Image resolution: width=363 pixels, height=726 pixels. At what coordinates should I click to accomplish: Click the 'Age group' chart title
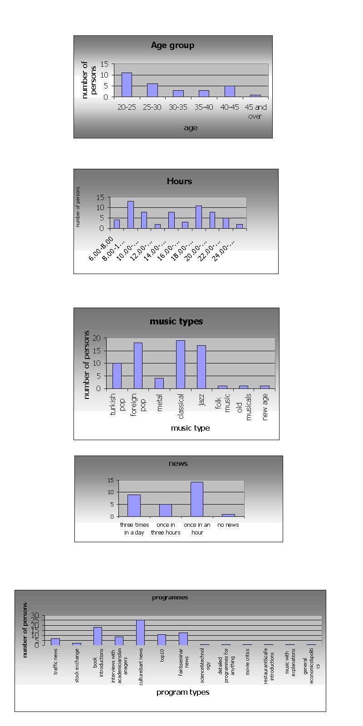172,45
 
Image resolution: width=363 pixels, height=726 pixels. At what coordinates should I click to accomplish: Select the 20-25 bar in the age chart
127,85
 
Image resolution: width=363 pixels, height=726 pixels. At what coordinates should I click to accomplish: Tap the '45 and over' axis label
255,112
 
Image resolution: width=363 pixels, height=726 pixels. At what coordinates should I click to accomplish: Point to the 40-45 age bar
230,92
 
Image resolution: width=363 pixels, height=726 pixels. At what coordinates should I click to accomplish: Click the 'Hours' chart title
179,181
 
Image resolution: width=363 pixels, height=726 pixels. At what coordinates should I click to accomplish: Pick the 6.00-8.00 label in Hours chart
101,249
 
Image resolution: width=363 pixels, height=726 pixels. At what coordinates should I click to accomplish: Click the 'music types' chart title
177,321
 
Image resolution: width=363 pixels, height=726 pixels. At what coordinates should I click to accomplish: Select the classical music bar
180,364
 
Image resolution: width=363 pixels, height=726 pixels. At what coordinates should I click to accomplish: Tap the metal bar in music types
159,383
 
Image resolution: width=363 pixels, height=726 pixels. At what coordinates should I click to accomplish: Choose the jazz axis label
201,400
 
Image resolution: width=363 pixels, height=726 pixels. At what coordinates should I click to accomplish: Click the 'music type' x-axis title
190,428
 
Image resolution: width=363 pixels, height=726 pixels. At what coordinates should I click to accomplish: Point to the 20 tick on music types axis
96,338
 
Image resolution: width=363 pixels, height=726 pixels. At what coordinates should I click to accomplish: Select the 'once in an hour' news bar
196,499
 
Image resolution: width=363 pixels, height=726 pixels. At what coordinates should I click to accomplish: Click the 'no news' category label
228,525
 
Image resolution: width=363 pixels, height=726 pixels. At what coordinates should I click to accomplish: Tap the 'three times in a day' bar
134,505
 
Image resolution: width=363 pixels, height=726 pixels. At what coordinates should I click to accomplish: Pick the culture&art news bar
140,632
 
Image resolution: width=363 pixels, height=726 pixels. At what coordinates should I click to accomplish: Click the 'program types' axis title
183,692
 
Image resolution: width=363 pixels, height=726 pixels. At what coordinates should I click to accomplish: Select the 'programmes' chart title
170,598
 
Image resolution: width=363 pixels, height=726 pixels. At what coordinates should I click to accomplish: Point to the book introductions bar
98,636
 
